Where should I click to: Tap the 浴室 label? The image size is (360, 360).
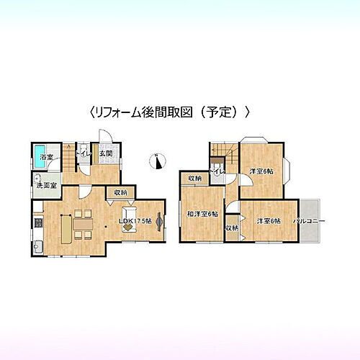click(x=45, y=156)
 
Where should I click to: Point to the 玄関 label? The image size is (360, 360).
click(x=105, y=153)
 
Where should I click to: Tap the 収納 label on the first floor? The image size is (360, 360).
click(x=120, y=192)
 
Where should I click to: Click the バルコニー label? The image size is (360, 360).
click(x=310, y=221)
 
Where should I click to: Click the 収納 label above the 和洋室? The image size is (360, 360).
click(x=195, y=179)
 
